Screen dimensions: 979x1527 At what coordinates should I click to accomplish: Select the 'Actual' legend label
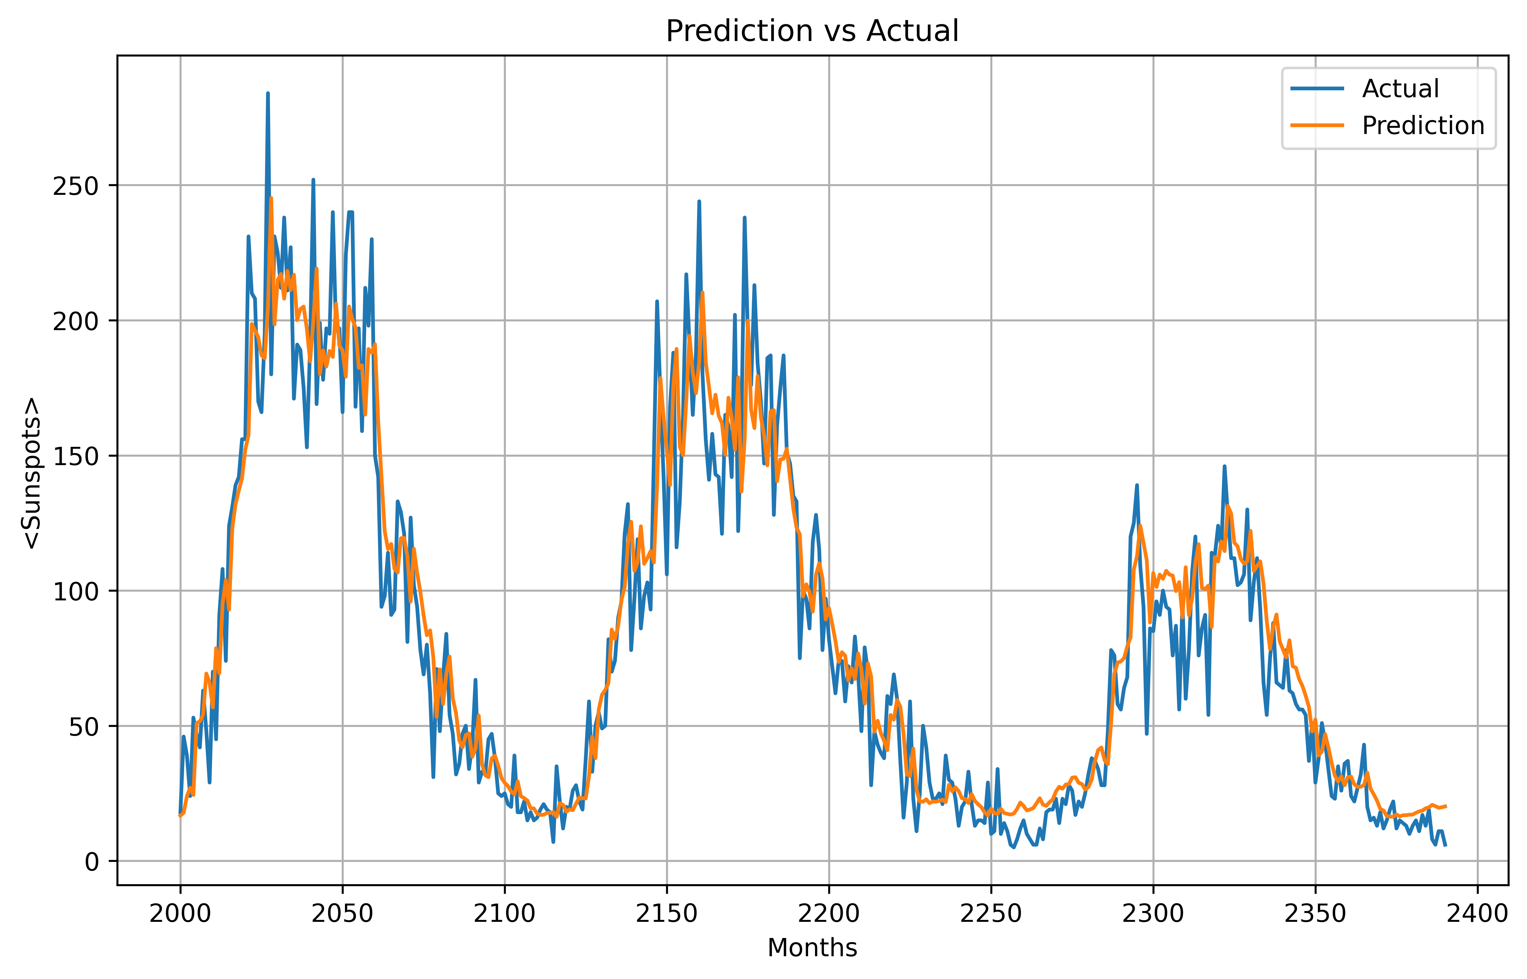(x=1400, y=89)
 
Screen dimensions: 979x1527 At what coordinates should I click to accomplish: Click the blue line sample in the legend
(x=1317, y=89)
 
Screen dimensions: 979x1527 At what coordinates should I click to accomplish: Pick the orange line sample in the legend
(x=1317, y=126)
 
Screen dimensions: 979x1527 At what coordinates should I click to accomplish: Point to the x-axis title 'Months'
(x=812, y=948)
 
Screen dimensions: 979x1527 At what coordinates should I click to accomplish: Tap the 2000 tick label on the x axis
(x=180, y=913)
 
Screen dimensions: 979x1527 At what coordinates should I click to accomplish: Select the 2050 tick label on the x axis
(x=343, y=913)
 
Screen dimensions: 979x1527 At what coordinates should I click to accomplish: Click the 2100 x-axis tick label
(x=504, y=913)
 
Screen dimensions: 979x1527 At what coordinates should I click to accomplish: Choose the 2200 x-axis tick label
(x=829, y=913)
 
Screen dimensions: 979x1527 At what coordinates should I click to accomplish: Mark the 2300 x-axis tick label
(x=1153, y=913)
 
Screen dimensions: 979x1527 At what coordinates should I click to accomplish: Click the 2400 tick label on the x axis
(x=1477, y=913)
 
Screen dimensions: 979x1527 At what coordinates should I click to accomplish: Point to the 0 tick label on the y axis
(x=92, y=862)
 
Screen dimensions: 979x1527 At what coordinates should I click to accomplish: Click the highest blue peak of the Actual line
(x=267, y=93)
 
